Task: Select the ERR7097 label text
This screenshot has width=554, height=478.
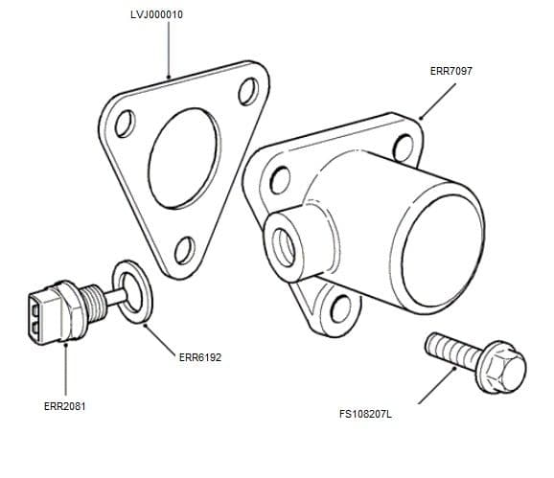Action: click(451, 71)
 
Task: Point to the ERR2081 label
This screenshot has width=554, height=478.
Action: click(65, 406)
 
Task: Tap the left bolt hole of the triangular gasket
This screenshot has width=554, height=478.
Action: click(122, 125)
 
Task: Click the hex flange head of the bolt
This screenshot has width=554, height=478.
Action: click(501, 365)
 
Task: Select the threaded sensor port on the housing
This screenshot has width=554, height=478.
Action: click(286, 239)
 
